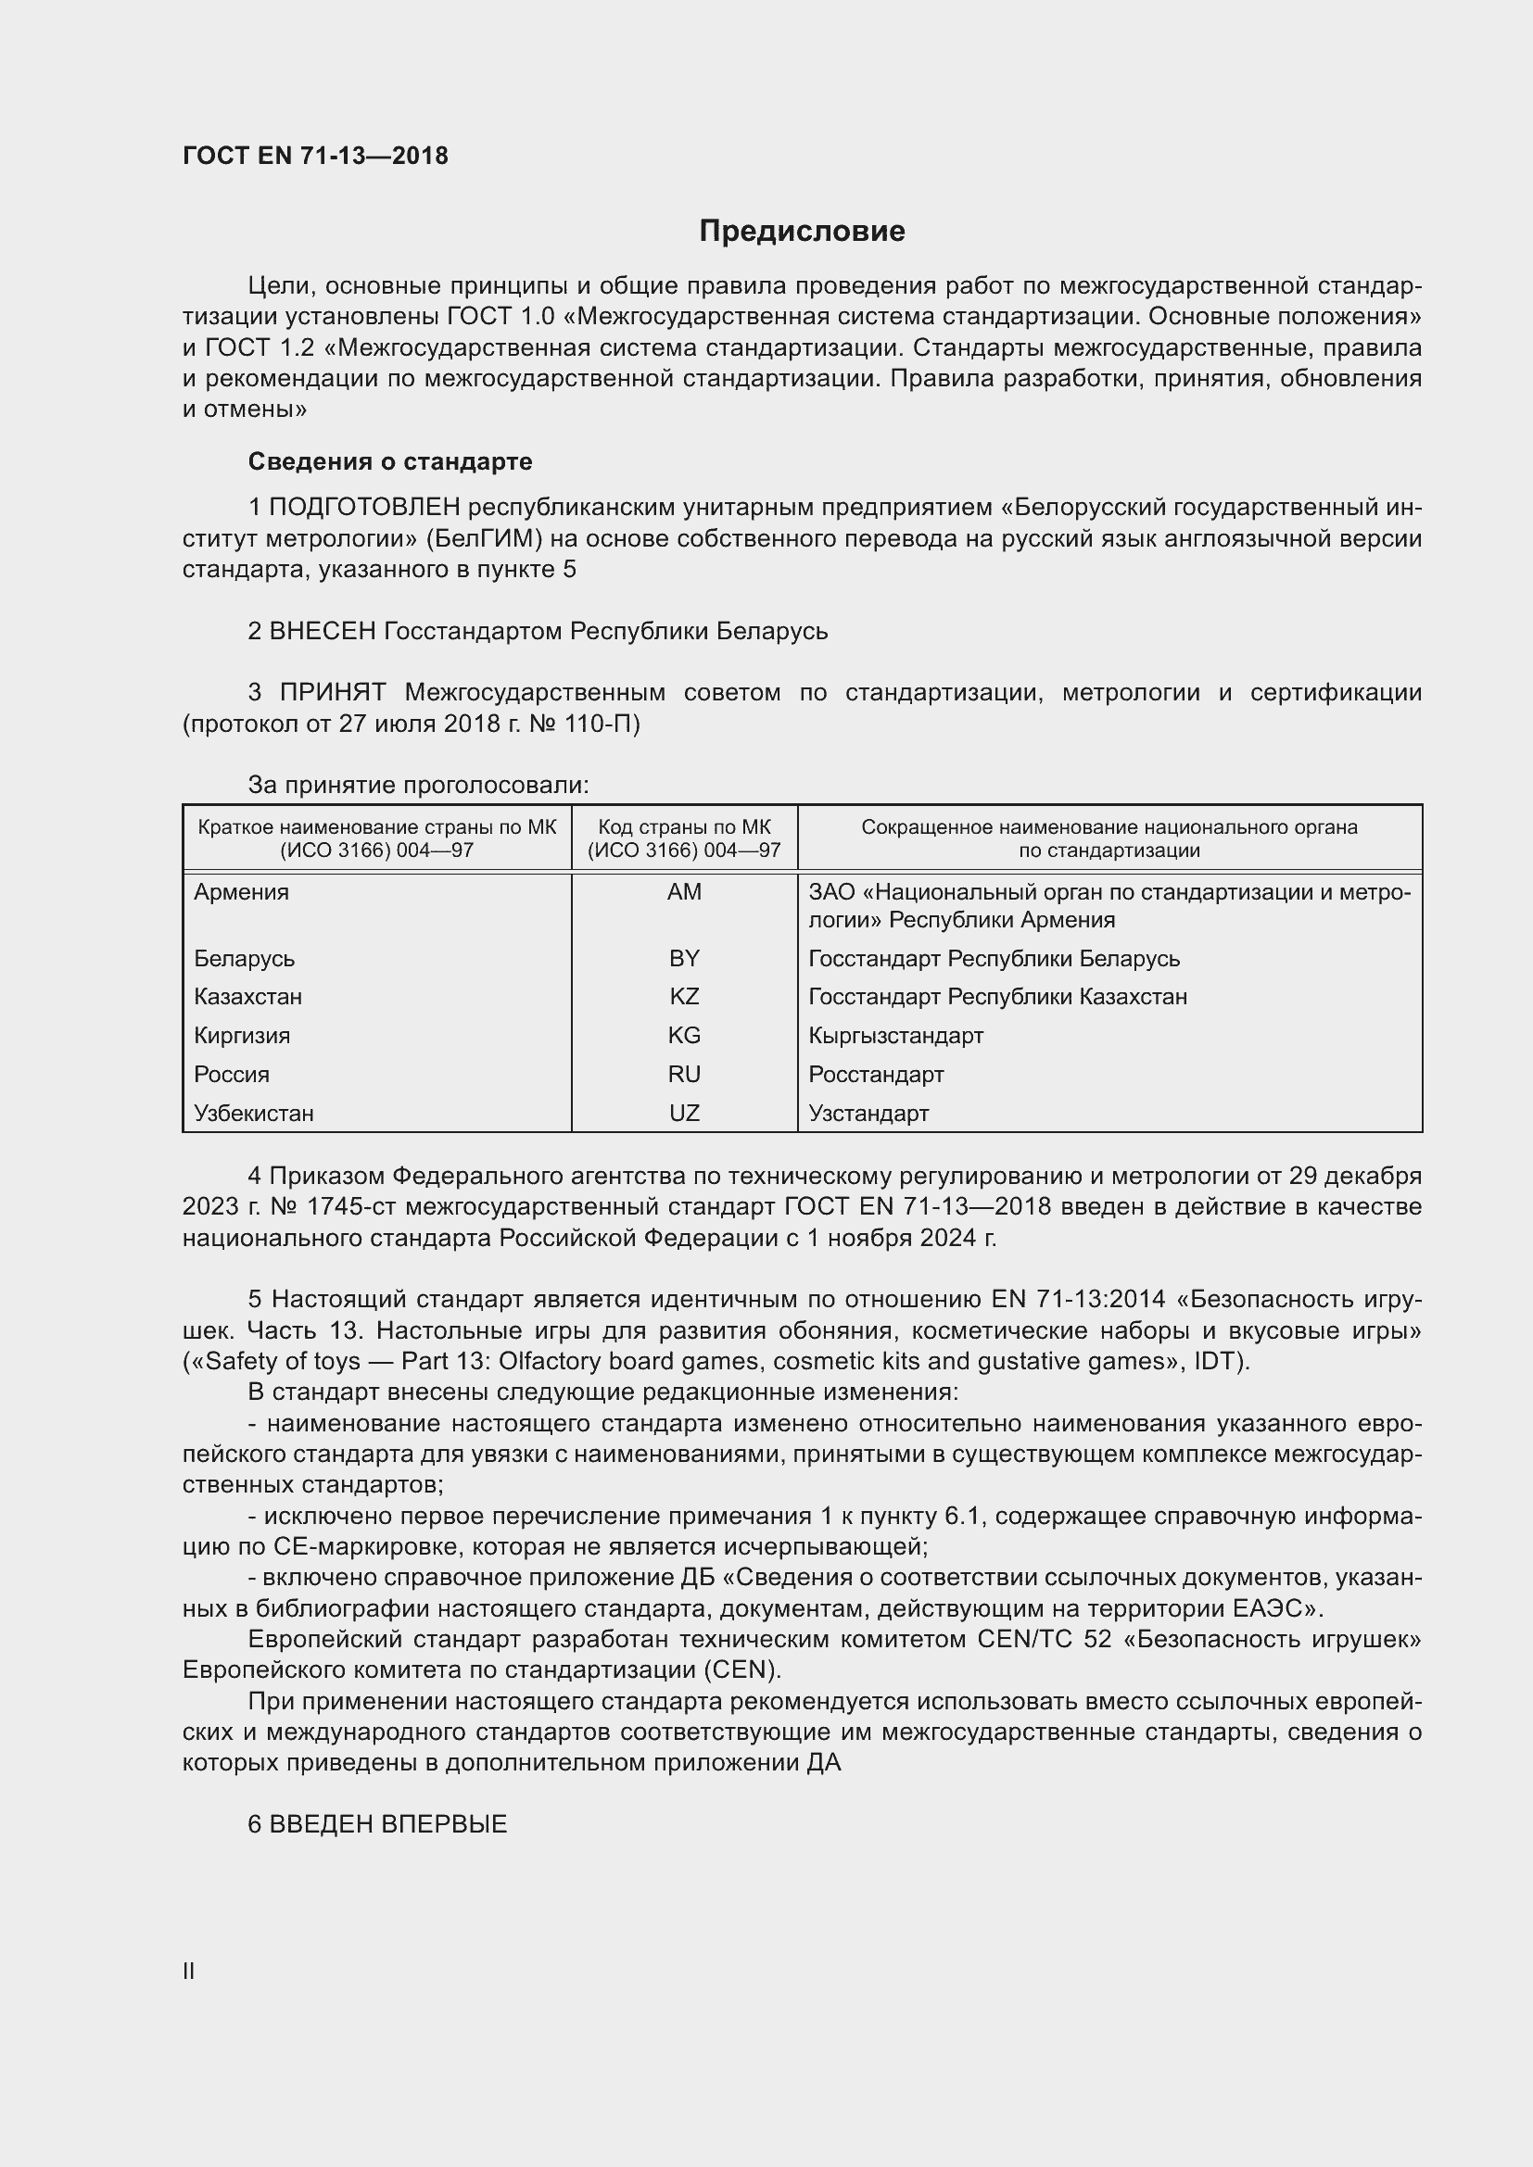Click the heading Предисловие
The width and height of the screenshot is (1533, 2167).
click(802, 232)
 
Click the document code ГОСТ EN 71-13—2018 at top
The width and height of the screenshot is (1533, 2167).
click(315, 156)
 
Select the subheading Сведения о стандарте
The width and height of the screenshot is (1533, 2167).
click(390, 461)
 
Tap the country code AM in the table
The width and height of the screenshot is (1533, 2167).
click(683, 892)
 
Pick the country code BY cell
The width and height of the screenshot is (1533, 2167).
click(683, 958)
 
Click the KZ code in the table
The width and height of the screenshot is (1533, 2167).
click(683, 997)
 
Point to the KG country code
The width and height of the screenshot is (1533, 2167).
click(683, 1036)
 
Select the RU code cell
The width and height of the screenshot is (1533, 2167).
click(683, 1074)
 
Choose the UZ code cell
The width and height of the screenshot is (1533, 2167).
click(683, 1113)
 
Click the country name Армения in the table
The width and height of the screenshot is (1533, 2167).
click(242, 892)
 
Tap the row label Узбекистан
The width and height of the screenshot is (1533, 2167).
click(254, 1113)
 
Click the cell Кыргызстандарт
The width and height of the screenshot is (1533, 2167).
click(896, 1036)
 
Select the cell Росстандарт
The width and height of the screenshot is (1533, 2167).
click(876, 1074)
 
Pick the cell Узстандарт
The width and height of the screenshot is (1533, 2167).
click(868, 1113)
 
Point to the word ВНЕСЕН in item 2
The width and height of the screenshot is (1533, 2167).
click(323, 631)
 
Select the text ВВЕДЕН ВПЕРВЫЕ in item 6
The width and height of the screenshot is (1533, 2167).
click(388, 1823)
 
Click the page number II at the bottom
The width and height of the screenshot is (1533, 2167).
click(189, 1971)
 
